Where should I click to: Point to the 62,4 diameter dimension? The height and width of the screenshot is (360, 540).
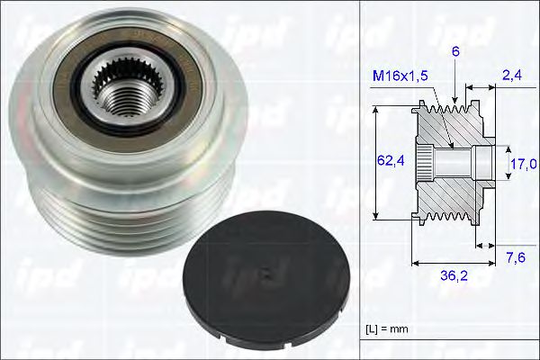389,162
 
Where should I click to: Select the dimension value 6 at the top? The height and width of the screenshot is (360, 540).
457,52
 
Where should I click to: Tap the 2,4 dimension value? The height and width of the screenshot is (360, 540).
512,76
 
